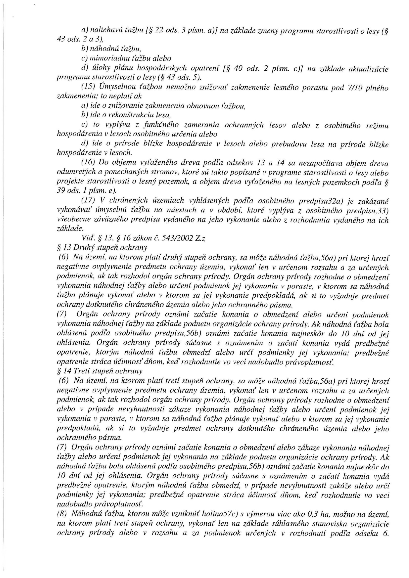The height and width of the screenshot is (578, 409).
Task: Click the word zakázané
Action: click(376, 201)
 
